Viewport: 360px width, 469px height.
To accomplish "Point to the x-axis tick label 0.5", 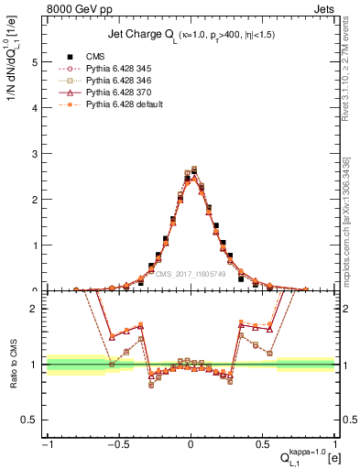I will pyautogui.click(x=264, y=444).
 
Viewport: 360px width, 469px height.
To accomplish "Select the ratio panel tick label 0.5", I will pyautogui.click(x=30, y=420).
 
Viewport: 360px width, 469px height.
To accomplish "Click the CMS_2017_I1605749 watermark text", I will pyautogui.click(x=191, y=274).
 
